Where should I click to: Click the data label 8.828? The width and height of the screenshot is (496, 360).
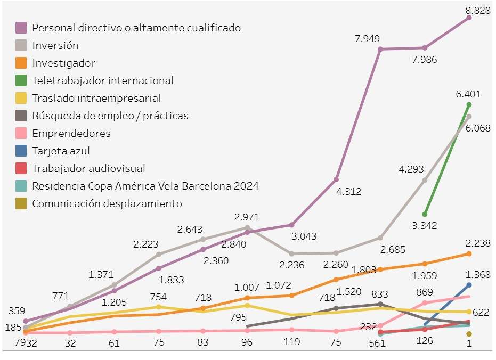pos(478,10)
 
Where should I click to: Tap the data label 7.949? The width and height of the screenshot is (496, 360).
pos(367,38)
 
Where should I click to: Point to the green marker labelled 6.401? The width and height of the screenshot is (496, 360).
pos(469,104)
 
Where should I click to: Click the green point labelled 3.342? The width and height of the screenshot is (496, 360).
pos(425,214)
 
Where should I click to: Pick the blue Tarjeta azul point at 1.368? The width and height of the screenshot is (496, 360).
pos(469,285)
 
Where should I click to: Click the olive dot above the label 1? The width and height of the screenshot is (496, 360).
pos(469,334)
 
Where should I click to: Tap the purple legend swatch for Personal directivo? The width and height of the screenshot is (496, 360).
pos(21,28)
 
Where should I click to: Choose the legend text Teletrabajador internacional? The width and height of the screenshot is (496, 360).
pos(103,80)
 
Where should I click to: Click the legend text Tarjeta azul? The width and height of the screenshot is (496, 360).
pos(61,151)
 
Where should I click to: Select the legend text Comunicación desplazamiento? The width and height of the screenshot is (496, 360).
pos(107,203)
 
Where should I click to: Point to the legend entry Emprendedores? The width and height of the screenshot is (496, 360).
pos(71,133)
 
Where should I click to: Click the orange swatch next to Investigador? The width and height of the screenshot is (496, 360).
pos(21,63)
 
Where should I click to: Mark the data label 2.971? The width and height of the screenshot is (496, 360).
pos(247,217)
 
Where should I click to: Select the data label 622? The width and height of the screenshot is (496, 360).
pos(481,312)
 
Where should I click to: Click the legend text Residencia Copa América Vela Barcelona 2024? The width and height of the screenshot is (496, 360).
pos(145,186)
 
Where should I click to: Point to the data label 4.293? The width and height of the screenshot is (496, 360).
pos(411,169)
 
